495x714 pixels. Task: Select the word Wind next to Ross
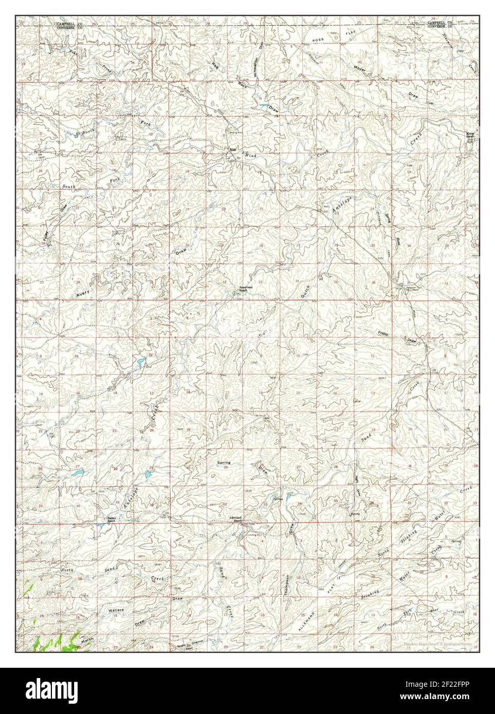(x=250, y=155)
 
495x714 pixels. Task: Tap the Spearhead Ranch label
(x=243, y=289)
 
